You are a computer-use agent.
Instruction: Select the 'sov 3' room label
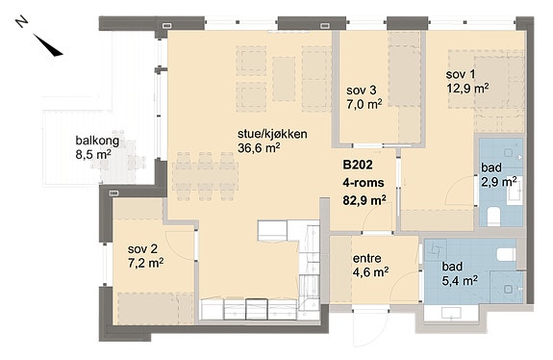click(362, 90)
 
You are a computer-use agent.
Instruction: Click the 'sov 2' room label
click(142, 249)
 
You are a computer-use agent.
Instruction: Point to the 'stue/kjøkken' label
click(272, 134)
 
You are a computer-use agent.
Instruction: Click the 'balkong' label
click(97, 141)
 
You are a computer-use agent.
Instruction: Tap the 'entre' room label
click(367, 258)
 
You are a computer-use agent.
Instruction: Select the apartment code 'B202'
click(358, 165)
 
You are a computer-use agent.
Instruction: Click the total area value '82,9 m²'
click(364, 200)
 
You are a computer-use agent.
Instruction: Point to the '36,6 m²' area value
click(259, 148)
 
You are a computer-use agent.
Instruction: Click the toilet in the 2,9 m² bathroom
click(493, 216)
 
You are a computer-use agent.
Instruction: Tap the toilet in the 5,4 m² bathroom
click(506, 254)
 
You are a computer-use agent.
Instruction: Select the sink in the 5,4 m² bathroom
click(451, 312)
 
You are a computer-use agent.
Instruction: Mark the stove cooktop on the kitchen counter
click(257, 309)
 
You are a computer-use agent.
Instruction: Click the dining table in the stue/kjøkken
click(205, 176)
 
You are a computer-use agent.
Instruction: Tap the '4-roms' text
click(364, 183)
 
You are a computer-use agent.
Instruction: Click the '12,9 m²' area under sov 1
click(467, 88)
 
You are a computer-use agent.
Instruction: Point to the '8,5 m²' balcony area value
click(94, 154)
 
